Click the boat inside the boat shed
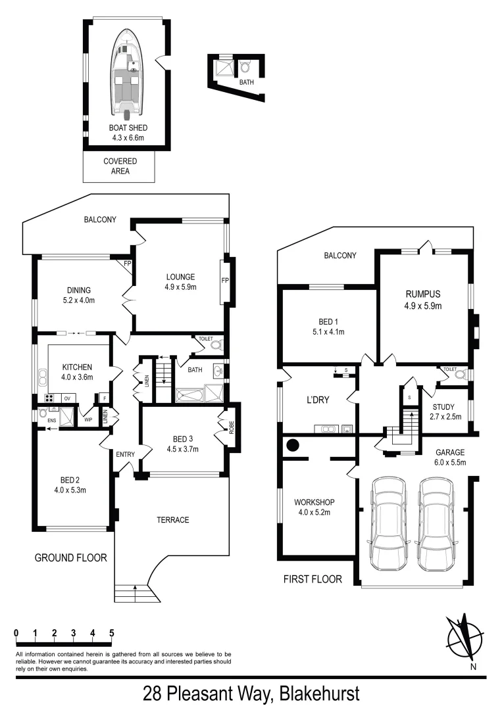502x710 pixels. pos(129,72)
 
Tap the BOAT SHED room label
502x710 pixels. pos(128,128)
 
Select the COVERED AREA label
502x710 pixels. pos(120,166)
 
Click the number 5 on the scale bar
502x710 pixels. pos(112,633)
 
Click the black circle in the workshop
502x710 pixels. pos(292,446)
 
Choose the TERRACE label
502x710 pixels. pos(173,520)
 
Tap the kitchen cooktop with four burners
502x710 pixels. pos(49,398)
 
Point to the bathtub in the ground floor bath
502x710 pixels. pos(189,394)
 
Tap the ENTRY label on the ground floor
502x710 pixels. pos(125,454)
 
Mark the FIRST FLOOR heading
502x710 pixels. pos(313,579)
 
